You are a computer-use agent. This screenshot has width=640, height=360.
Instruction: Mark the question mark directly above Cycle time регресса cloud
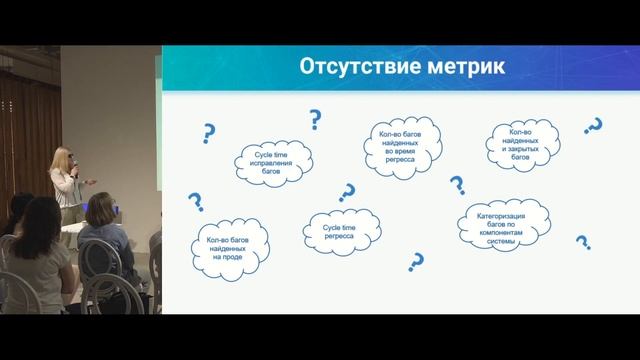(348, 192)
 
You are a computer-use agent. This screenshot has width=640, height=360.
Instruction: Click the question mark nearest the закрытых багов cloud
(592, 127)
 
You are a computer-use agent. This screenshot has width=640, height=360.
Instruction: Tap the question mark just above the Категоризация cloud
(457, 185)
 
